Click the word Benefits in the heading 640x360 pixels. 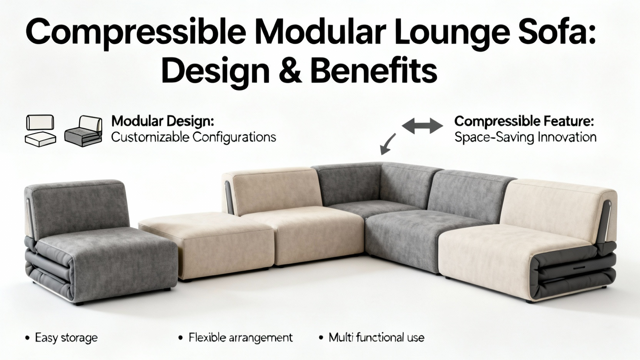374,70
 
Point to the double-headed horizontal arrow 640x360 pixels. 422,126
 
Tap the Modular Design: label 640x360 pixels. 162,122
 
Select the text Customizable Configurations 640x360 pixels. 194,138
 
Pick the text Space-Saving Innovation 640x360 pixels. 526,138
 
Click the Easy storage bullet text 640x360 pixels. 66,338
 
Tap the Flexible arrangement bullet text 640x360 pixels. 240,338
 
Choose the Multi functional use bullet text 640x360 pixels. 376,338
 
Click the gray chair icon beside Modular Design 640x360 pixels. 83,131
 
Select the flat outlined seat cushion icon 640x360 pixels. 40,140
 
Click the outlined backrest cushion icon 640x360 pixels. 40,122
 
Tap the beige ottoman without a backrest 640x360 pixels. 206,244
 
